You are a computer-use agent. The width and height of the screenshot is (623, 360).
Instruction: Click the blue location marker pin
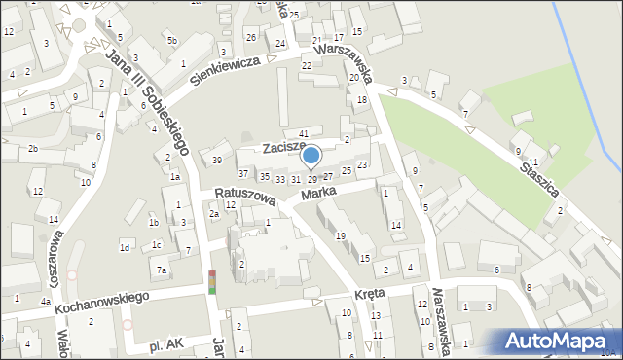pos(311,156)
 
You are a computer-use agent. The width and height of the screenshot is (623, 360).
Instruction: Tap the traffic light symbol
pos(212,281)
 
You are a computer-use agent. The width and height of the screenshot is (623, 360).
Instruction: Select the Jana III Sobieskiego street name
pos(147,100)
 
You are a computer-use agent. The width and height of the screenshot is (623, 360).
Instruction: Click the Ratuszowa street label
pos(238,195)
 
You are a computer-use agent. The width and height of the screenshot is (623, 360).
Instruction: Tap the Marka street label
pos(318,195)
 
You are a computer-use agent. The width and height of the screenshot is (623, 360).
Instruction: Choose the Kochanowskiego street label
pos(100,299)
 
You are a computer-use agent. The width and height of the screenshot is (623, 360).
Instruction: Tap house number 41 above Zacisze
pos(304,132)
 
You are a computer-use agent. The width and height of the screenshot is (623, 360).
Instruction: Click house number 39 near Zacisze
pos(217,161)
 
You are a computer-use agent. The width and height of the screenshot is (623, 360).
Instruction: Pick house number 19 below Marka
pos(340,236)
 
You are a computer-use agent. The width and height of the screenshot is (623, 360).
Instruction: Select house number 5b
pos(171,40)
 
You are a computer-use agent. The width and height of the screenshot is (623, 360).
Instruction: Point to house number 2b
pos(32,148)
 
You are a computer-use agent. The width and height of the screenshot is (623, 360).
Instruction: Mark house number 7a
pos(163,270)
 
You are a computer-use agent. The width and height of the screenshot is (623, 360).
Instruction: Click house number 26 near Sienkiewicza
pos(250,37)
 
